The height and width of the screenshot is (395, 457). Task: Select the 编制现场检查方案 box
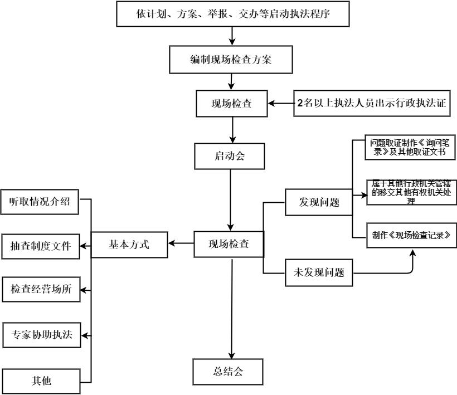(x=231, y=58)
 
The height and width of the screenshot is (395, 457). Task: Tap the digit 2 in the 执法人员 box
(x=300, y=103)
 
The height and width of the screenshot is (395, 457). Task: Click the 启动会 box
(x=230, y=157)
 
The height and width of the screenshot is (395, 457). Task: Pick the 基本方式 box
(x=129, y=244)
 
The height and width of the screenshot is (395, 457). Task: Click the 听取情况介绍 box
(x=40, y=202)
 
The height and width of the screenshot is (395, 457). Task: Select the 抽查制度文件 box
(x=40, y=246)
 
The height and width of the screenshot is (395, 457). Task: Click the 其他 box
(x=41, y=382)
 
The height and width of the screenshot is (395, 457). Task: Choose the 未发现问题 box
(x=319, y=273)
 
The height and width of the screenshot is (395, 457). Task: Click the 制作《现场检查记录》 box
(x=411, y=235)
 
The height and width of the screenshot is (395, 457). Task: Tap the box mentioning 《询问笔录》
(x=411, y=147)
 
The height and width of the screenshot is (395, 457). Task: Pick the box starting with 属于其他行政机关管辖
(x=411, y=192)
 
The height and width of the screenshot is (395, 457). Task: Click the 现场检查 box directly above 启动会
(x=232, y=104)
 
